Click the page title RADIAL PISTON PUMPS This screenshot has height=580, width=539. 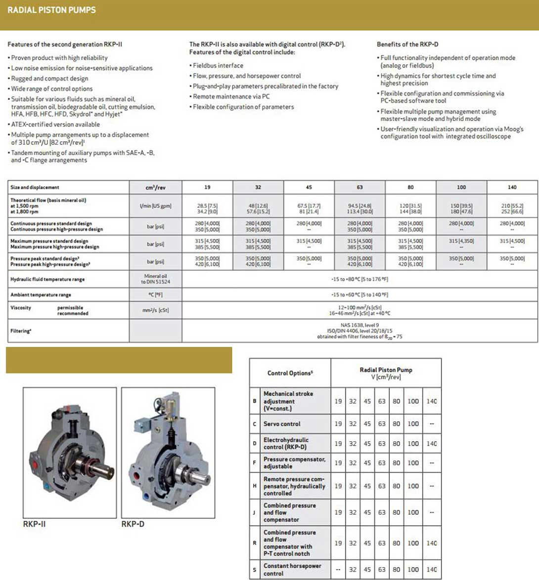click(x=51, y=10)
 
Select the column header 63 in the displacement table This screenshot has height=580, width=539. click(x=359, y=187)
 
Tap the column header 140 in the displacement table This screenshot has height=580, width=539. click(x=512, y=187)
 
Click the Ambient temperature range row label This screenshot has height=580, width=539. click(x=41, y=295)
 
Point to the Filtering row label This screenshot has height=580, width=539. click(x=21, y=331)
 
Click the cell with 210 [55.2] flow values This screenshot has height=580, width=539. click(x=512, y=208)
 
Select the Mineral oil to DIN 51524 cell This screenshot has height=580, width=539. click(x=155, y=279)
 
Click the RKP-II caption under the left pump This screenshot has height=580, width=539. click(x=34, y=524)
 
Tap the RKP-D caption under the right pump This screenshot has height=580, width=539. click(x=133, y=524)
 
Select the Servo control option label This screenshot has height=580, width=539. click(x=282, y=424)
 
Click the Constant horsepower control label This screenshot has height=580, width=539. click(x=292, y=570)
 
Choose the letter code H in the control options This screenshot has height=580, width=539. click(x=255, y=486)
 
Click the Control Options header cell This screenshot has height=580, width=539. click(x=290, y=373)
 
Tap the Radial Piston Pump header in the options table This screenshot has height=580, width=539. click(x=386, y=373)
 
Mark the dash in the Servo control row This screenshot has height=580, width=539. click(x=432, y=424)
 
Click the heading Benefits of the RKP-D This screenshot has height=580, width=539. click(x=407, y=44)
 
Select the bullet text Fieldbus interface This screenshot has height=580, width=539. click(x=218, y=65)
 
